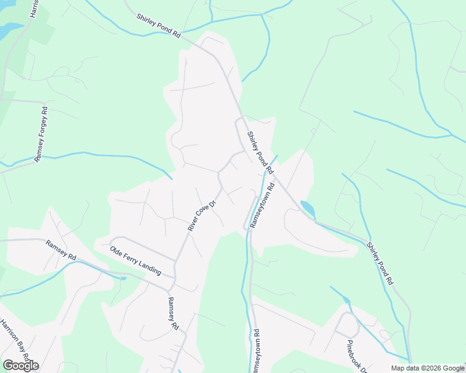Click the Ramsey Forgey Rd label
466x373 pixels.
point(42,135)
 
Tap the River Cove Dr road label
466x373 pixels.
point(202,215)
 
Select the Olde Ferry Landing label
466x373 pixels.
point(135,261)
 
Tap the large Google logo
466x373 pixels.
point(21,365)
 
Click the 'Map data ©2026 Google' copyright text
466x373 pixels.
point(427,368)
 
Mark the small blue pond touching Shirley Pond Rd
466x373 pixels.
point(307,208)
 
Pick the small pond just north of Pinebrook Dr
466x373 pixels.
point(346,300)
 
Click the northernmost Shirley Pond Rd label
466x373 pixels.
point(159,25)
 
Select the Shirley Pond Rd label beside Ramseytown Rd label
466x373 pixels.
point(260,152)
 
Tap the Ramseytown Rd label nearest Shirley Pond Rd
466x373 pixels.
point(262,206)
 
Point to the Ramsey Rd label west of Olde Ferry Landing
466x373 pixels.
point(60,249)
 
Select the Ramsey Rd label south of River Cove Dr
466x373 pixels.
point(173,313)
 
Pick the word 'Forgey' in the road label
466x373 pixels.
point(42,129)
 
